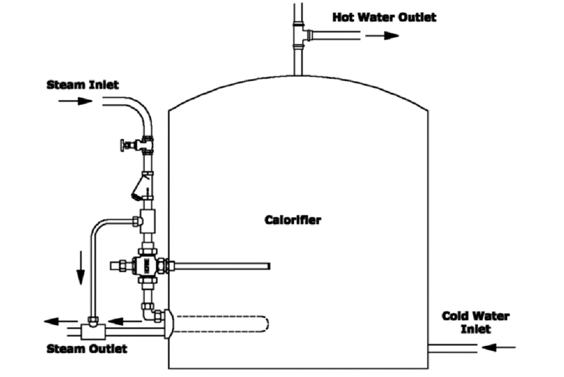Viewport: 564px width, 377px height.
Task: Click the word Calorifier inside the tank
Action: [x=293, y=220]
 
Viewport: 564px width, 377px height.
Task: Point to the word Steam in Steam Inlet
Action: [x=63, y=85]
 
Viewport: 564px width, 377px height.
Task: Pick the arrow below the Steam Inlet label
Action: [x=75, y=101]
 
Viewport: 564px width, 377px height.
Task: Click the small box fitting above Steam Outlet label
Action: [x=92, y=328]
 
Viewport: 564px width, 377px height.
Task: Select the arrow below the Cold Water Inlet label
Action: [x=501, y=346]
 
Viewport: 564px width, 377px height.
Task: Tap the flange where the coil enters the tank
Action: [x=168, y=325]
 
